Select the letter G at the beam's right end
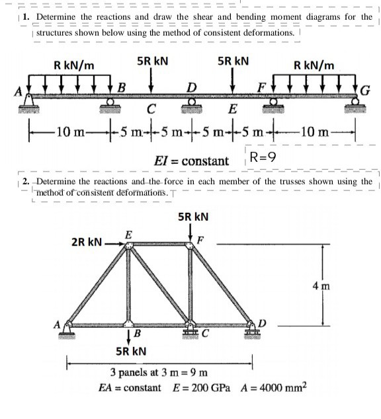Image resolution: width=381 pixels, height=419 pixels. point(364,91)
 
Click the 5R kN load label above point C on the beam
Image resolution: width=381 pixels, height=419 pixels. point(152,61)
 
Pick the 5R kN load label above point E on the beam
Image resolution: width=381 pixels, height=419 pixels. point(233,61)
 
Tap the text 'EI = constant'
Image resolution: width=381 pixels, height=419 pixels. point(191,161)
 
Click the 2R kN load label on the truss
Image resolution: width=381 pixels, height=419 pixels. point(86,243)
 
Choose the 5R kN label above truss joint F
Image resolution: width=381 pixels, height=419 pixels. point(194,216)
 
